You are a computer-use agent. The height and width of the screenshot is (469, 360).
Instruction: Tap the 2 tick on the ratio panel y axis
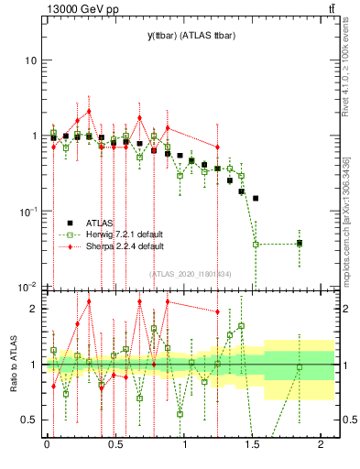(x=34, y=309)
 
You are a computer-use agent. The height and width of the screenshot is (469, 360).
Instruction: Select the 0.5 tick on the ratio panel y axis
(x=30, y=420)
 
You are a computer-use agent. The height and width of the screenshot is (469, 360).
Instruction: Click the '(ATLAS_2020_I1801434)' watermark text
(x=191, y=273)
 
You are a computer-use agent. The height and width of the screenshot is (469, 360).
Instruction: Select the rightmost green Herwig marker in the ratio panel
(x=300, y=367)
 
